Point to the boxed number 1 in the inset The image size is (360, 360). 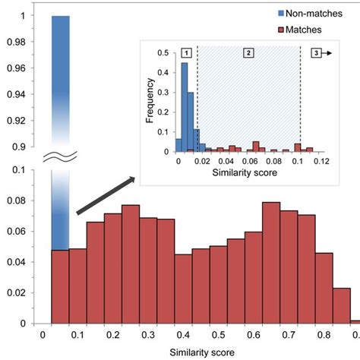click(x=186, y=52)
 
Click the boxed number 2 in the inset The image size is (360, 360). click(x=247, y=52)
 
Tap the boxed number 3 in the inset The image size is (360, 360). click(x=315, y=52)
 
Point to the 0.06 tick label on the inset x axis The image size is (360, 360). click(x=248, y=162)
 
